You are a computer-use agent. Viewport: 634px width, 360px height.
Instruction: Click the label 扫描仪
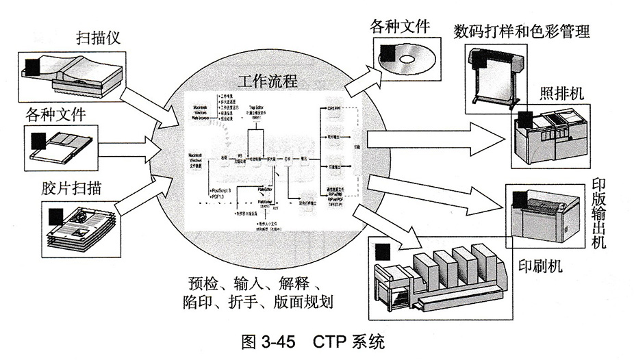[99, 37]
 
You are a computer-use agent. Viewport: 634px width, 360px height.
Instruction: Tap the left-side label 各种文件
[56, 114]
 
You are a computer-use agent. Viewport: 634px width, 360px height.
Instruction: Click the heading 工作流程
[267, 81]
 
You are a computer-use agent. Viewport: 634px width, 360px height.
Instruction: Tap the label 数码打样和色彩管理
[522, 31]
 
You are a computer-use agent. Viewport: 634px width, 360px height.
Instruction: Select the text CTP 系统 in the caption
[350, 342]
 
